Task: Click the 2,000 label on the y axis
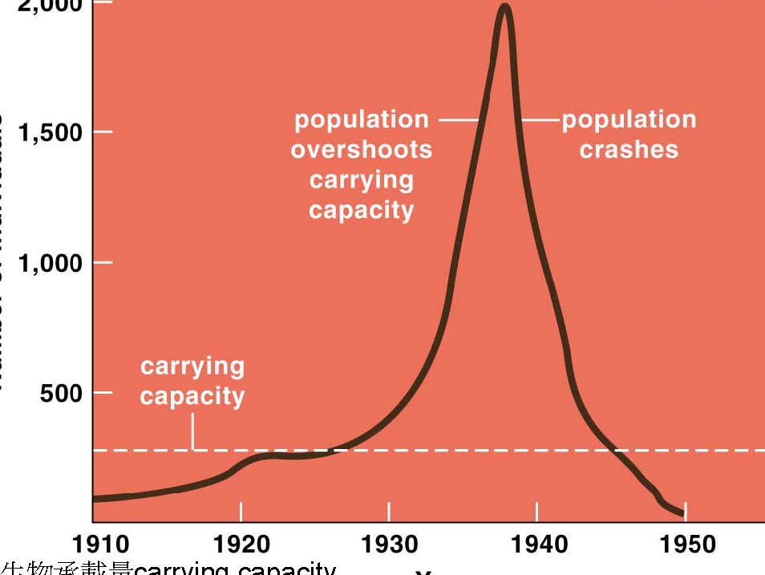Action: click(47, 6)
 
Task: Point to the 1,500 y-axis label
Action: click(48, 133)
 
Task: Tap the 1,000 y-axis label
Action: click(48, 263)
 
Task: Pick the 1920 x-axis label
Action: click(241, 545)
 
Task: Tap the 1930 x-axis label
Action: click(389, 545)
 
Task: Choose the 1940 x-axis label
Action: click(537, 545)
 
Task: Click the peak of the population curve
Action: click(504, 8)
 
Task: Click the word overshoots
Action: click(361, 150)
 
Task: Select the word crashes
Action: click(629, 150)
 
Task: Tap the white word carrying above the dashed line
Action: click(192, 367)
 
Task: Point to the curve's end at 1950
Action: click(683, 514)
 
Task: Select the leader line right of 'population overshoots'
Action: click(458, 120)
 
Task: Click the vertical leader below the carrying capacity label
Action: click(192, 433)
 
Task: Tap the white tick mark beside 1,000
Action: click(103, 262)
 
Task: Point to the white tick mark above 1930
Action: click(389, 510)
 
